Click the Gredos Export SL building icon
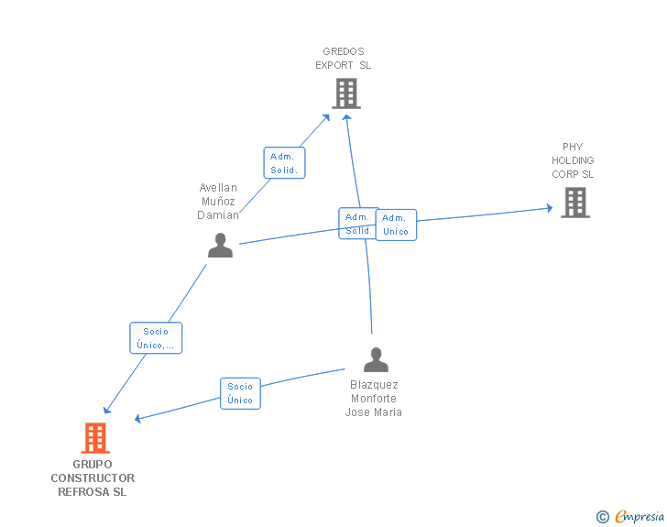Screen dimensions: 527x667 point(345,93)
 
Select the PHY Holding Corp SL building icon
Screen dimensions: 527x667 point(574,203)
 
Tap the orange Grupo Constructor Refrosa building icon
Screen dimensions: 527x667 point(95,438)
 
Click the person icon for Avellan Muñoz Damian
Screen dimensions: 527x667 point(220,246)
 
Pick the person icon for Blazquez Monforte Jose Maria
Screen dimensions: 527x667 point(376,359)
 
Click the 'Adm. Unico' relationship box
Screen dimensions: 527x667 point(396,225)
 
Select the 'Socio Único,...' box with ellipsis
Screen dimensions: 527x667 point(156,338)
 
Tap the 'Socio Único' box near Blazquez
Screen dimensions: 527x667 point(240,393)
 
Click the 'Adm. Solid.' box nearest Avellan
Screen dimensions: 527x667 point(284,163)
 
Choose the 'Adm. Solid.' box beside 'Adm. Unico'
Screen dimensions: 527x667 point(357,224)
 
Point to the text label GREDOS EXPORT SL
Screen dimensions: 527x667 point(344,59)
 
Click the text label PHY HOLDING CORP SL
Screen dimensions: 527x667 point(573,160)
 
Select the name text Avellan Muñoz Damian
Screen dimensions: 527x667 point(218,202)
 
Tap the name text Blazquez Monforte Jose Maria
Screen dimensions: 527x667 point(374,399)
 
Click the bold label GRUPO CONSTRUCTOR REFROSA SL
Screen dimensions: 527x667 point(93,478)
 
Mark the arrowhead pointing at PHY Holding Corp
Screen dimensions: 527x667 point(549,208)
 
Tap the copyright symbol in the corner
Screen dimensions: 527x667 point(602,517)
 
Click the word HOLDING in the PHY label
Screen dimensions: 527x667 point(573,160)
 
